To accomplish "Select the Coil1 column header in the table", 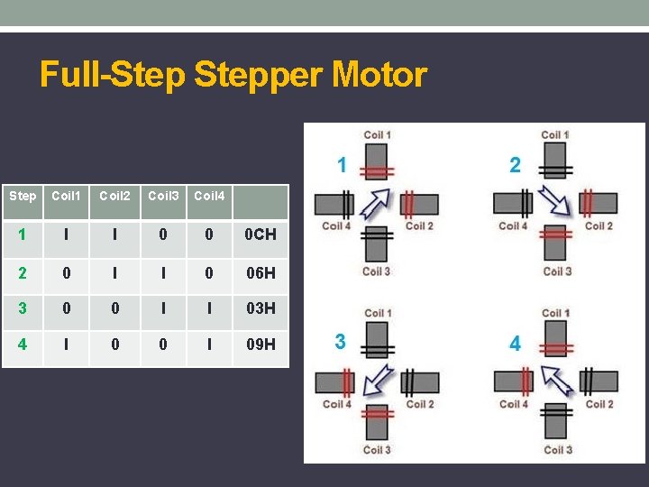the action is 66,196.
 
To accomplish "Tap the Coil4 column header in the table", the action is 209,196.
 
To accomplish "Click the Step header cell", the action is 23,196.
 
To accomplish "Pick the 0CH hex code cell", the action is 261,234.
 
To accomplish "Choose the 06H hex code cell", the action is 261,272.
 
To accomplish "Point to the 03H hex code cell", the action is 261,308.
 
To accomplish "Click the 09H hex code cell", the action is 261,344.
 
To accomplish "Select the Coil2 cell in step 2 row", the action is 114,272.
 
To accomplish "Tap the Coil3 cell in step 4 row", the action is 163,344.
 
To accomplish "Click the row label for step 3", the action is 22,308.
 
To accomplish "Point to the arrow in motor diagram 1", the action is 377,204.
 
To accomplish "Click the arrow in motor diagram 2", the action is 554,202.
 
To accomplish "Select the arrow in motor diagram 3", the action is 377,381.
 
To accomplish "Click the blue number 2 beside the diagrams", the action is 515,165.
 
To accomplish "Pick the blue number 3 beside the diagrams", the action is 340,342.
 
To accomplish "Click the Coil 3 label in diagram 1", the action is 377,271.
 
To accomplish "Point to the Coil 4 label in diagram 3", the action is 337,404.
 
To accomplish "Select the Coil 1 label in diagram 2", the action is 555,135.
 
